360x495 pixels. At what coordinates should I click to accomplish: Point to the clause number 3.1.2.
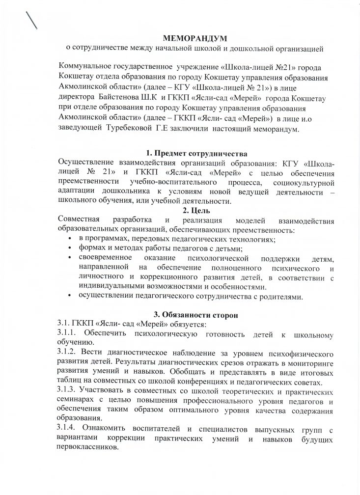(x=69, y=353)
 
